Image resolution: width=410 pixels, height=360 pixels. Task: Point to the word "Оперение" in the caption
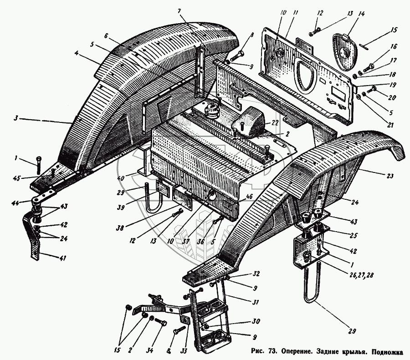point(297,351)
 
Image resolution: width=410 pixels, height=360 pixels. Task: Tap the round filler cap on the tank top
point(213,109)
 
